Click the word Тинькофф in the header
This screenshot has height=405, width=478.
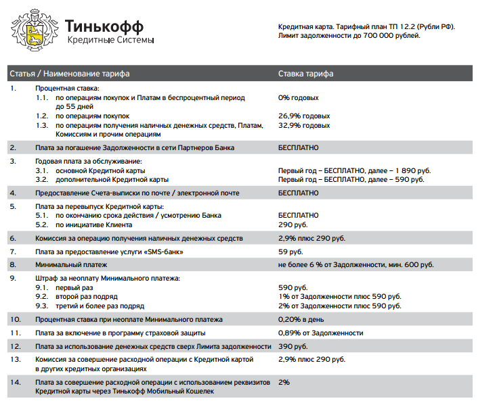104,26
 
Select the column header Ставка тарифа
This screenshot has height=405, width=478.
305,73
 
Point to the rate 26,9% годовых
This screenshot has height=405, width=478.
304,116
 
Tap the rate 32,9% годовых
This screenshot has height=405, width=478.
304,126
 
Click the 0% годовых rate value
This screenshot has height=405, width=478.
298,98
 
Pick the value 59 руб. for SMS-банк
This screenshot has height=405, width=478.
291,252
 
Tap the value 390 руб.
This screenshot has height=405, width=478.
294,346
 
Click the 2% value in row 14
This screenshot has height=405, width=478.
284,382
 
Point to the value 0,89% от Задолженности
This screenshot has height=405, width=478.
320,333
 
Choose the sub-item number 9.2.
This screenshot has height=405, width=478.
42,297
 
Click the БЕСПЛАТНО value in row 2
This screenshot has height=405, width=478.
298,147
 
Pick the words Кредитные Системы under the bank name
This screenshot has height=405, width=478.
110,41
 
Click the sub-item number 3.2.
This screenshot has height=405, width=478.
42,179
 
